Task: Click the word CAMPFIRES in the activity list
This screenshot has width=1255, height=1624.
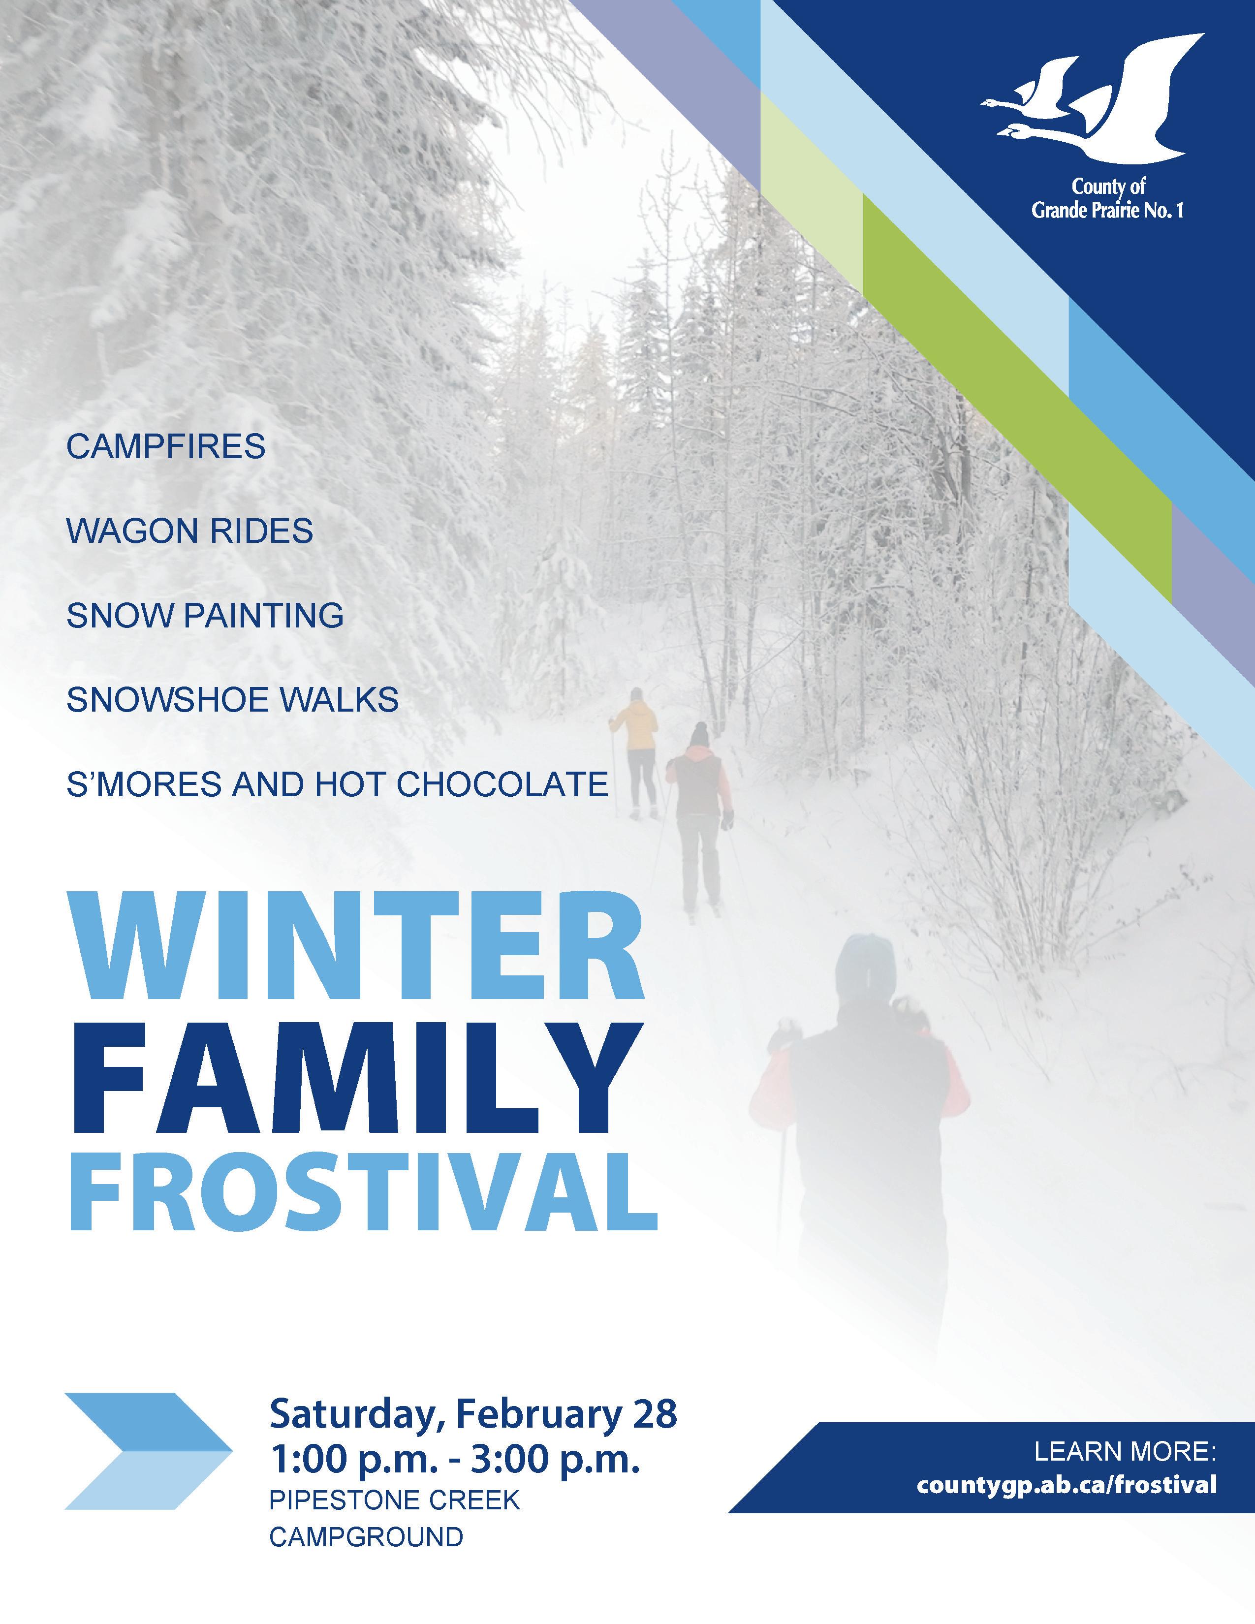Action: tap(166, 447)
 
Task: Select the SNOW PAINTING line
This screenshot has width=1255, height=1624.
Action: tap(205, 616)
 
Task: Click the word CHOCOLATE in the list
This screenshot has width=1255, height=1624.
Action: tap(502, 784)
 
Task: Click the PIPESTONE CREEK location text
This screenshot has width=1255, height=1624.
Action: tap(394, 1500)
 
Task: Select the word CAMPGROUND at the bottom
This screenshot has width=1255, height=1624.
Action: tap(366, 1536)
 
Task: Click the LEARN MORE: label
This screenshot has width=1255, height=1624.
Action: tap(1126, 1450)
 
